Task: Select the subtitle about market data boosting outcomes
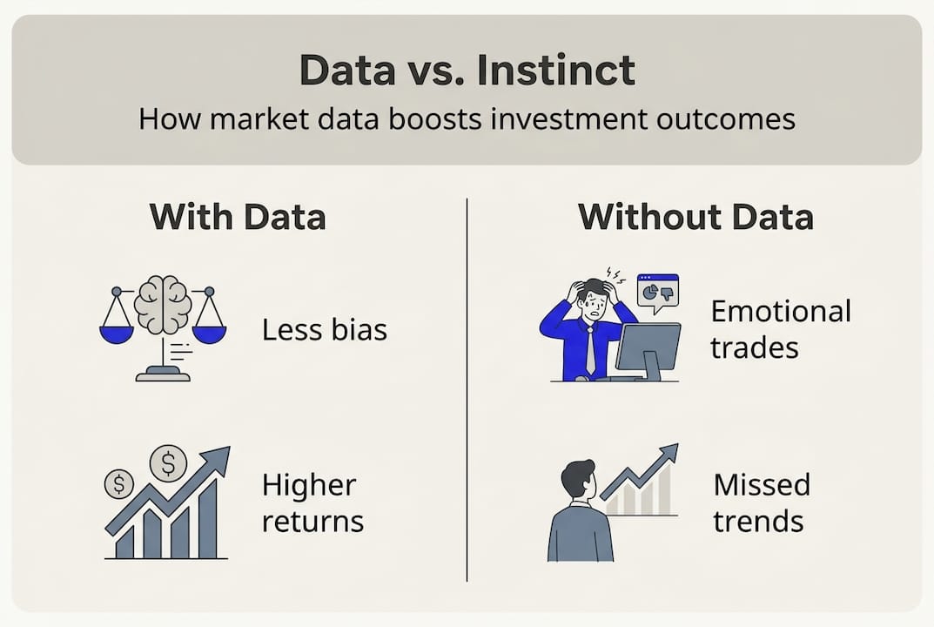pyautogui.click(x=467, y=118)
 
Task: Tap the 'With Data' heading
pyautogui.click(x=238, y=217)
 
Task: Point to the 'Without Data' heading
pyautogui.click(x=695, y=217)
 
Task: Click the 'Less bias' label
pyautogui.click(x=324, y=329)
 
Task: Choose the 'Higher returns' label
pyautogui.click(x=312, y=502)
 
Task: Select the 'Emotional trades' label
pyautogui.click(x=780, y=329)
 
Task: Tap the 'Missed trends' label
pyautogui.click(x=761, y=502)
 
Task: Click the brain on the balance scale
pyautogui.click(x=163, y=304)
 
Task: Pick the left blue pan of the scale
pyautogui.click(x=117, y=334)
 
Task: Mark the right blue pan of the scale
pyautogui.click(x=209, y=334)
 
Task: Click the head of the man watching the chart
pyautogui.click(x=576, y=479)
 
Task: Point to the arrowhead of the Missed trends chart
pyautogui.click(x=668, y=454)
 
